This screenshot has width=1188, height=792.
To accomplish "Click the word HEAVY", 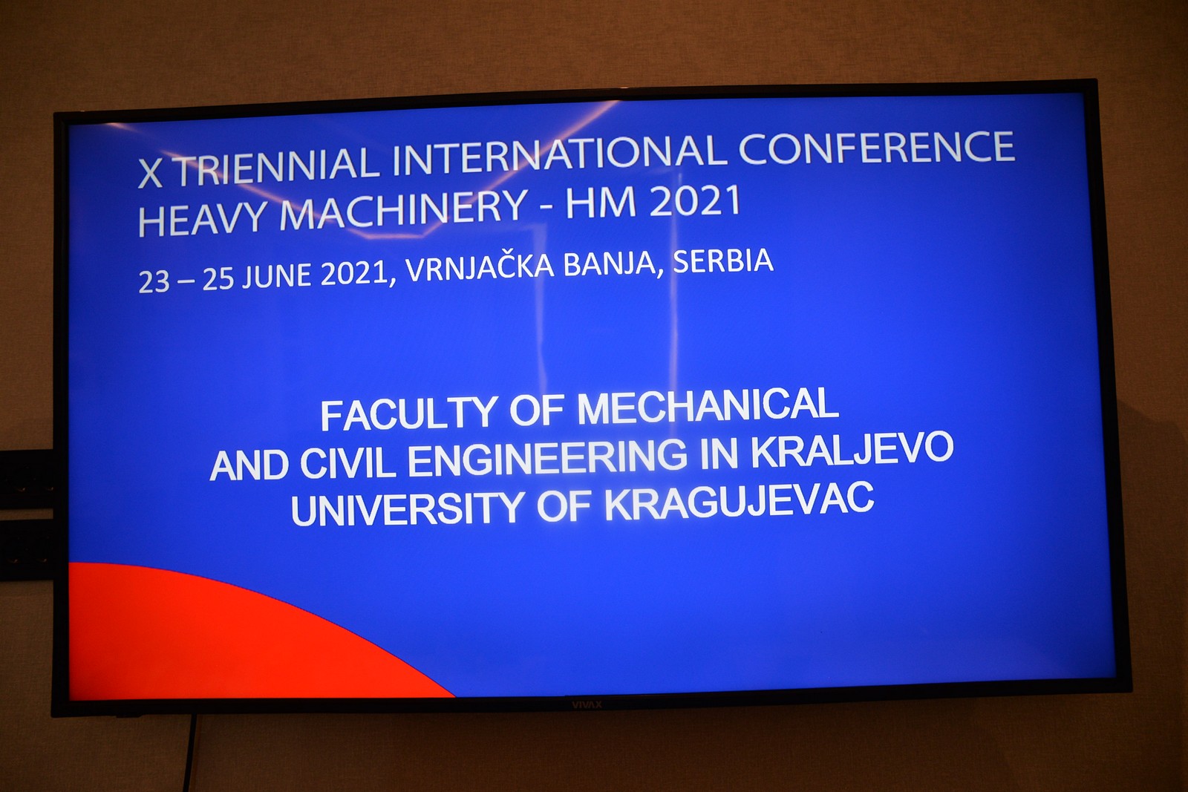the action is coord(203,217).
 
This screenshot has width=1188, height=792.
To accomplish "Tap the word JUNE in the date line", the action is coord(276,277).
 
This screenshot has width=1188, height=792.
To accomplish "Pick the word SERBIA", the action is coord(723,261).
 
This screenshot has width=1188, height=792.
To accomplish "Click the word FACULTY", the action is coord(408,414).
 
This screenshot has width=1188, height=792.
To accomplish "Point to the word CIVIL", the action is coord(348,462).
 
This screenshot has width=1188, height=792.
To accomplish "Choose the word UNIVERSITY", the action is coord(408,510).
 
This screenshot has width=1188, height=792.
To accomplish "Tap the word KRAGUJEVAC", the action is coord(739,503).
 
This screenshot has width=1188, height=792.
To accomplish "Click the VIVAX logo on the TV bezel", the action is coord(587,704).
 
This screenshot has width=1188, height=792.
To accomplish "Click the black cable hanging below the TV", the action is coord(189,753).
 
